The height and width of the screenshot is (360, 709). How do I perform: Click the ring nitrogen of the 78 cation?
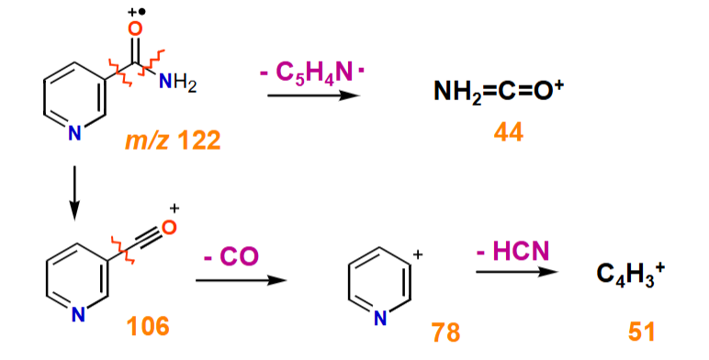378,319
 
